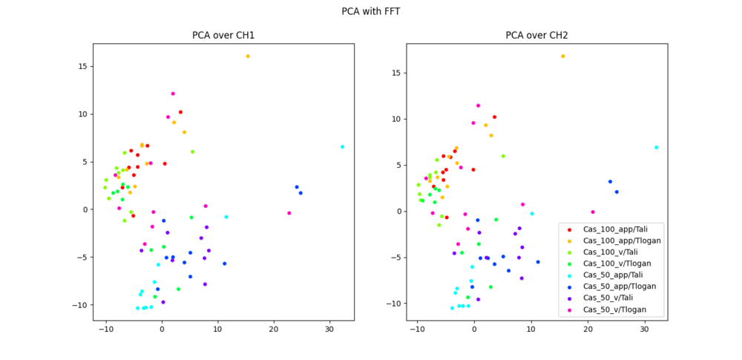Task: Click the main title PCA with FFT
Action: (x=371, y=11)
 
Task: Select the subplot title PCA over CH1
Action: (x=223, y=35)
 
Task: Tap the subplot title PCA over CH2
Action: (x=536, y=35)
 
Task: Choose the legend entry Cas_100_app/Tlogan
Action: (x=622, y=240)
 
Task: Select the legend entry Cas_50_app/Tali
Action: (x=613, y=275)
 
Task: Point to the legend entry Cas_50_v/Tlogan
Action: (x=615, y=310)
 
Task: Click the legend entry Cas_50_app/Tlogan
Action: (x=619, y=287)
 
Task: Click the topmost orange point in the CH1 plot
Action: (x=248, y=56)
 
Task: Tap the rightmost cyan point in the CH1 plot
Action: (x=342, y=147)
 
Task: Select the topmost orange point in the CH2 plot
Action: (x=562, y=56)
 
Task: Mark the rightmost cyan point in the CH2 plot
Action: (x=656, y=147)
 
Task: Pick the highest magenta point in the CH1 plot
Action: (x=173, y=94)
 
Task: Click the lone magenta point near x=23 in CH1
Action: (x=289, y=213)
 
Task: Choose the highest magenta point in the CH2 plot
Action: (x=478, y=105)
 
